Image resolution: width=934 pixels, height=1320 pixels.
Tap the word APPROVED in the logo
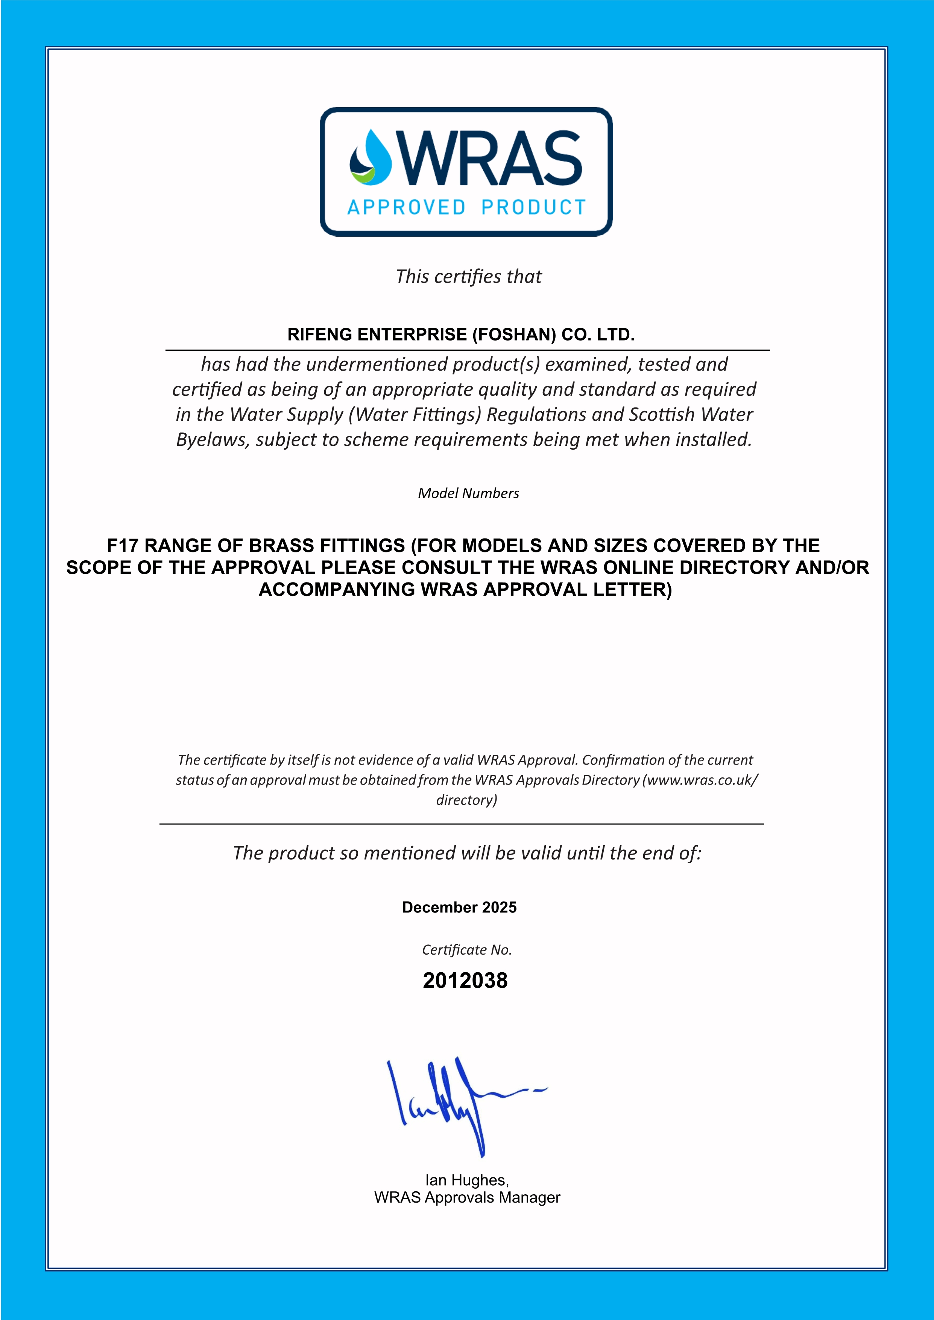point(406,207)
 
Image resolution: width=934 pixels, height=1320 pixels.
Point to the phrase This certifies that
point(468,277)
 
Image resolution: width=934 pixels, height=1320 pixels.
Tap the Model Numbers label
point(468,493)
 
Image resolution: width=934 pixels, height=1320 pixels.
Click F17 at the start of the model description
point(123,545)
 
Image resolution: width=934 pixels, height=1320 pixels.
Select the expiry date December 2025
point(459,908)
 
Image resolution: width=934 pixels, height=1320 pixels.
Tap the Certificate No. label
point(466,950)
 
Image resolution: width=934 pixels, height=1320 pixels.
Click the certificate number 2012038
point(465,981)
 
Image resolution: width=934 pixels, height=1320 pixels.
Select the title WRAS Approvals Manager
point(466,1197)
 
